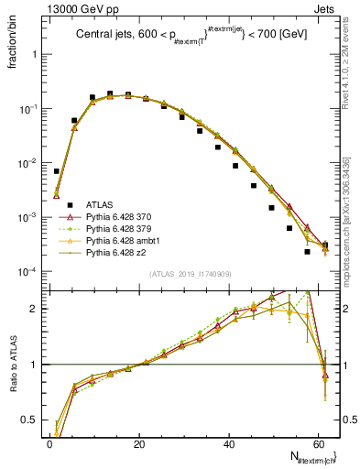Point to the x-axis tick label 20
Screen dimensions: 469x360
tap(139, 442)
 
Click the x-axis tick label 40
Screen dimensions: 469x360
tap(229, 442)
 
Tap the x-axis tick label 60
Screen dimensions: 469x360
tap(319, 442)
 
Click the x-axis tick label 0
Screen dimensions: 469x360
tap(49, 442)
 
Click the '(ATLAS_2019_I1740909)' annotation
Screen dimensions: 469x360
tap(190, 274)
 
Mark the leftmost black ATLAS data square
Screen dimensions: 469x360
tap(56, 171)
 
